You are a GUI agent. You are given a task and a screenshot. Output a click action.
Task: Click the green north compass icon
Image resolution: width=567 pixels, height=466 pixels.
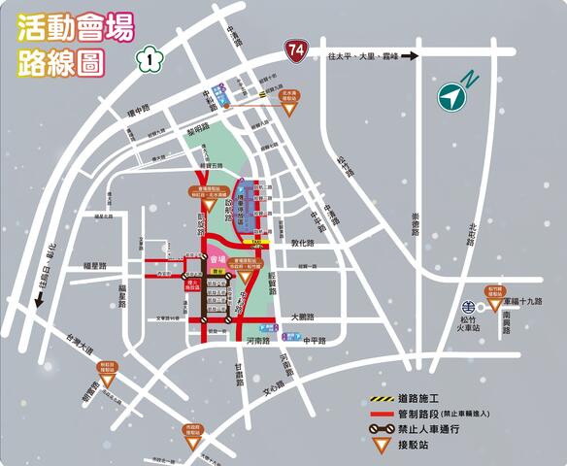click(450, 96)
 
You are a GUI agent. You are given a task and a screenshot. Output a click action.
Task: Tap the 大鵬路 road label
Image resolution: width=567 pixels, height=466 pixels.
click(304, 316)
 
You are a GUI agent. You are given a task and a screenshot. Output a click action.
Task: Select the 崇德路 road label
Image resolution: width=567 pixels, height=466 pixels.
click(413, 225)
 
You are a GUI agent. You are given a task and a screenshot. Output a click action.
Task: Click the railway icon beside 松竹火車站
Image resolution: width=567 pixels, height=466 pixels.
click(468, 298)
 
